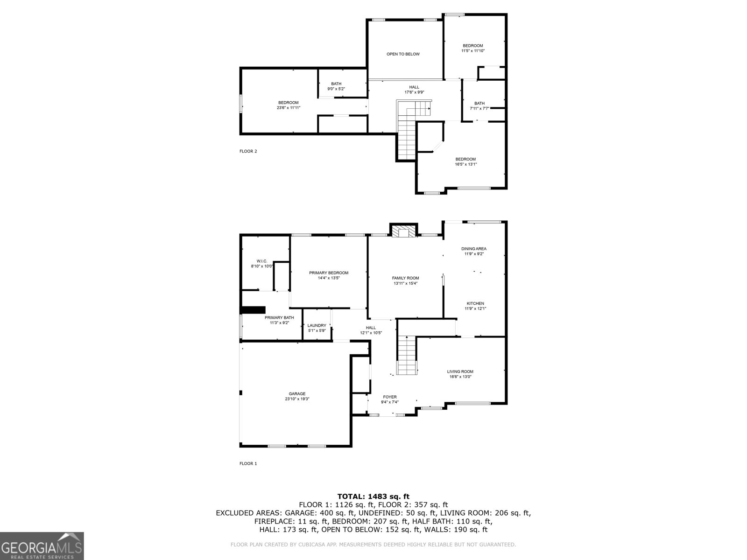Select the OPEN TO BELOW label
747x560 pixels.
403,54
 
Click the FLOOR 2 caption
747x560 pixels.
248,151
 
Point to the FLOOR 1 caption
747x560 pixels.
248,463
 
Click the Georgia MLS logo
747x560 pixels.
42,546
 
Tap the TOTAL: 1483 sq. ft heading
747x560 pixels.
373,497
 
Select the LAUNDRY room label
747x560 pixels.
317,325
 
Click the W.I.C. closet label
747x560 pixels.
261,261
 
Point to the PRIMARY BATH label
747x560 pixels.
279,317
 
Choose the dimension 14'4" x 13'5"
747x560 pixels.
328,278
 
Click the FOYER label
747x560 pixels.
389,397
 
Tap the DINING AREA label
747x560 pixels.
474,249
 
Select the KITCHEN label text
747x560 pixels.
474,303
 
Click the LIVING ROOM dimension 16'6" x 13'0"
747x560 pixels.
460,377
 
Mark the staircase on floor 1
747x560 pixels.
407,355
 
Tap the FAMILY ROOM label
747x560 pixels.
405,278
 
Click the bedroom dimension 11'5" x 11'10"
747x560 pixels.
473,51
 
